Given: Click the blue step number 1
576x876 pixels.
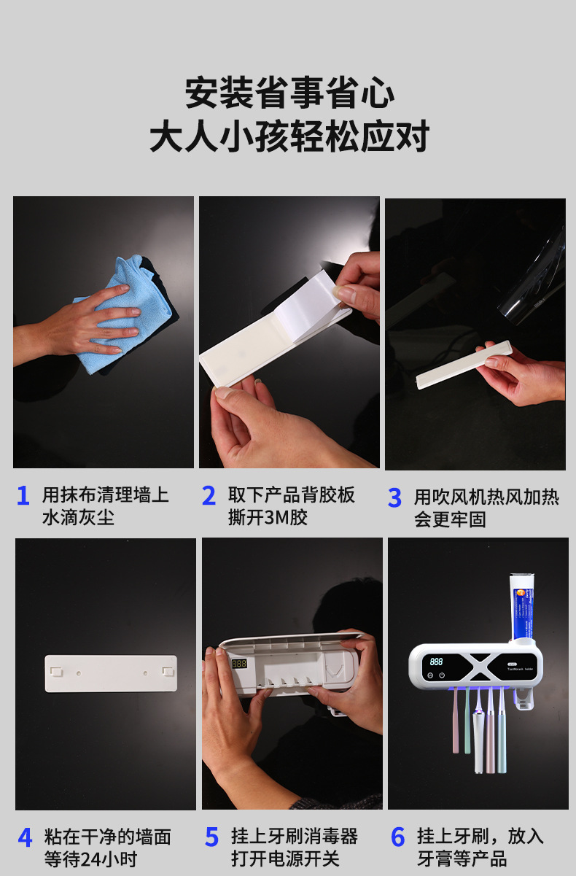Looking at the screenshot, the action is pos(23,495).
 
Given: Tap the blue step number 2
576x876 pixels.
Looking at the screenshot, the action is pos(209,495).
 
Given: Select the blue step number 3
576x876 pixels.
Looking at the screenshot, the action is pos(394,497).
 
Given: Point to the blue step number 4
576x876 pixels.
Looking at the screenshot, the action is pos(25,837).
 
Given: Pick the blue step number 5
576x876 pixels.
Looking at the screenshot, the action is pos(211,837).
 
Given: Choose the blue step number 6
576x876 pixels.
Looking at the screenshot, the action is pos(397,837).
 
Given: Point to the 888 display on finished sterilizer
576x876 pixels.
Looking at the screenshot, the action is pos(436,662).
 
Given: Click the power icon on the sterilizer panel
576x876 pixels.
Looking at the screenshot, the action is pos(442,675).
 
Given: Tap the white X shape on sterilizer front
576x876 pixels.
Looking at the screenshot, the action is pos(481,667).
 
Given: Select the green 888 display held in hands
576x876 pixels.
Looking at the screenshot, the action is pos(238,664).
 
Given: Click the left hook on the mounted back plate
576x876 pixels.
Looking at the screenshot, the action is pos(57,672).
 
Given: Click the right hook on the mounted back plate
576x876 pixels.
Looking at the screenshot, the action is pos(168,671).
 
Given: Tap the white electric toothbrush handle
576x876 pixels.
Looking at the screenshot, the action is pos(478,743).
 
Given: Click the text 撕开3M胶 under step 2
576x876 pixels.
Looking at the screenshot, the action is pos(268,518).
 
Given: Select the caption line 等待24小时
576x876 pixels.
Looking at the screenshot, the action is pos(90,859).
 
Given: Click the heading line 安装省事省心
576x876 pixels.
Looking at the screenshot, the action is pos(289,93).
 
